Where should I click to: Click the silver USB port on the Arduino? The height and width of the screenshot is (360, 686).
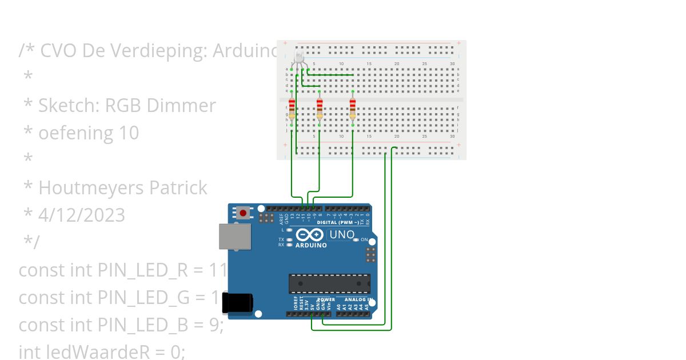235,237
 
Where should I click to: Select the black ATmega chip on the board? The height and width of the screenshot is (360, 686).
329,283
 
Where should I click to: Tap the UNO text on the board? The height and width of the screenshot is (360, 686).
342,234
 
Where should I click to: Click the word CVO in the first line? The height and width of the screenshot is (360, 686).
59,51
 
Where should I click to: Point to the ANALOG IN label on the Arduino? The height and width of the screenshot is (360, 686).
358,299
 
